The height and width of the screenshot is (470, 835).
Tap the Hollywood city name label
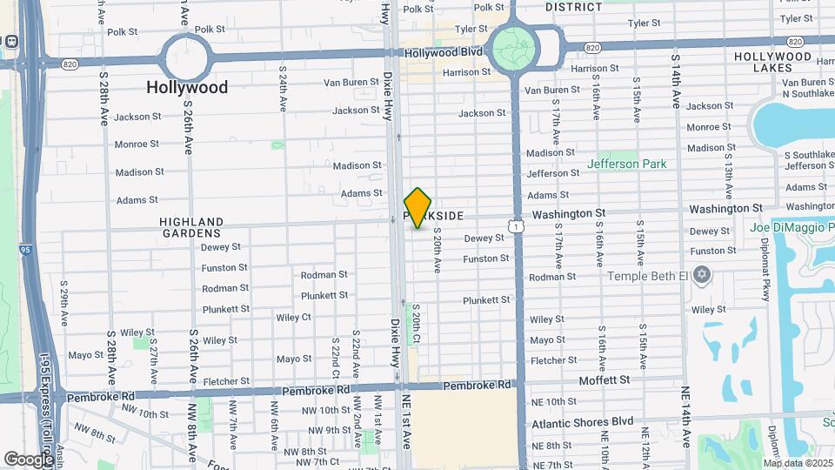187,87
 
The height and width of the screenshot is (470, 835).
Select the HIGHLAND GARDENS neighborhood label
191,228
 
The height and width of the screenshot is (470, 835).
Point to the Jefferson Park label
626,164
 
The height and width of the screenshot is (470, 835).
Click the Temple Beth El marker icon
703,276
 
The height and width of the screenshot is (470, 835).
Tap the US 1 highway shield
518,226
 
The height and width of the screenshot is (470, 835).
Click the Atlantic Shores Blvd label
582,421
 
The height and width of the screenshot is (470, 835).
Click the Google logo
28,458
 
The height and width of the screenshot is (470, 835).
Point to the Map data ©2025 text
798,462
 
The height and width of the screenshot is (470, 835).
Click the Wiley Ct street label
294,318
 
